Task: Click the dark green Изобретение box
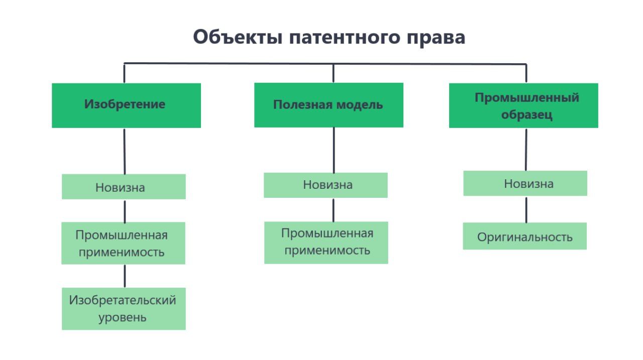click(126, 105)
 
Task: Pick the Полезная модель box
click(329, 105)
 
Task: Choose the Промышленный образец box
click(523, 105)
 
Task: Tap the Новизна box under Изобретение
click(124, 187)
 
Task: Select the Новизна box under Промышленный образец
click(525, 183)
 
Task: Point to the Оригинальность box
click(524, 236)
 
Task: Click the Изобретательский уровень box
click(124, 308)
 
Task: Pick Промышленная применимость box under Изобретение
click(123, 243)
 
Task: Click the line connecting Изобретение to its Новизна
click(125, 151)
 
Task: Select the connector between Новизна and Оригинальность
click(526, 209)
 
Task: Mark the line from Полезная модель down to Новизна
click(334, 150)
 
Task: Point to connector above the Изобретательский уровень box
click(125, 276)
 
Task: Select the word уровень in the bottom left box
click(123, 317)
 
